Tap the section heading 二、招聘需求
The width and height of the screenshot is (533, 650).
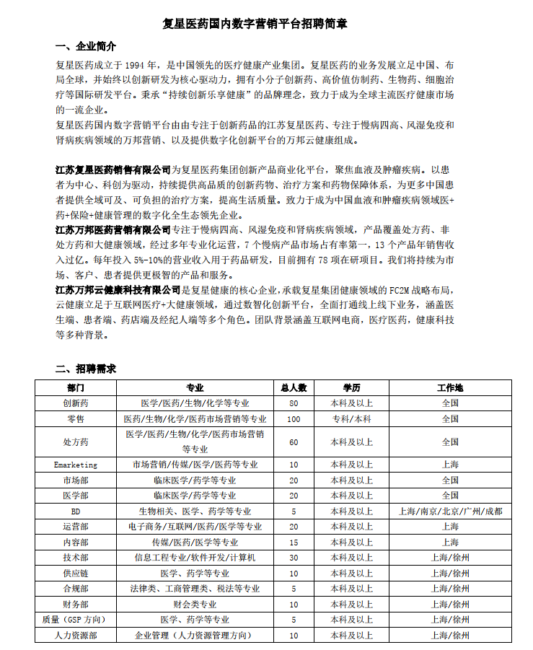click(86, 369)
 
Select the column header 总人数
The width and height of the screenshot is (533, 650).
click(294, 387)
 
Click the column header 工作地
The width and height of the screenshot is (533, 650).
click(450, 387)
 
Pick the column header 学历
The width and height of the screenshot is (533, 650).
click(351, 387)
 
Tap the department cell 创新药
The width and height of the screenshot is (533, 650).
click(76, 403)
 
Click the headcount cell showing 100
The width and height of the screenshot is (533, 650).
click(294, 418)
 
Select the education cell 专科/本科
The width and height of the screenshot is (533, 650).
click(351, 418)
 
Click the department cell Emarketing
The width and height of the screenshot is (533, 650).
click(76, 465)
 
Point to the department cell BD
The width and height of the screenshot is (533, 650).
click(76, 511)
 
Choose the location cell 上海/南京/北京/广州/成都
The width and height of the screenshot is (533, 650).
click(450, 511)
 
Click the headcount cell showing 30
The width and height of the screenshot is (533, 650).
click(294, 557)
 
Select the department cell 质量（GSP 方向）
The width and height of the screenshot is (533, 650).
click(76, 619)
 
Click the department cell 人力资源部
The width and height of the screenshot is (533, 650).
click(76, 635)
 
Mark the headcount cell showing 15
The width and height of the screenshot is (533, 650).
click(294, 542)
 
